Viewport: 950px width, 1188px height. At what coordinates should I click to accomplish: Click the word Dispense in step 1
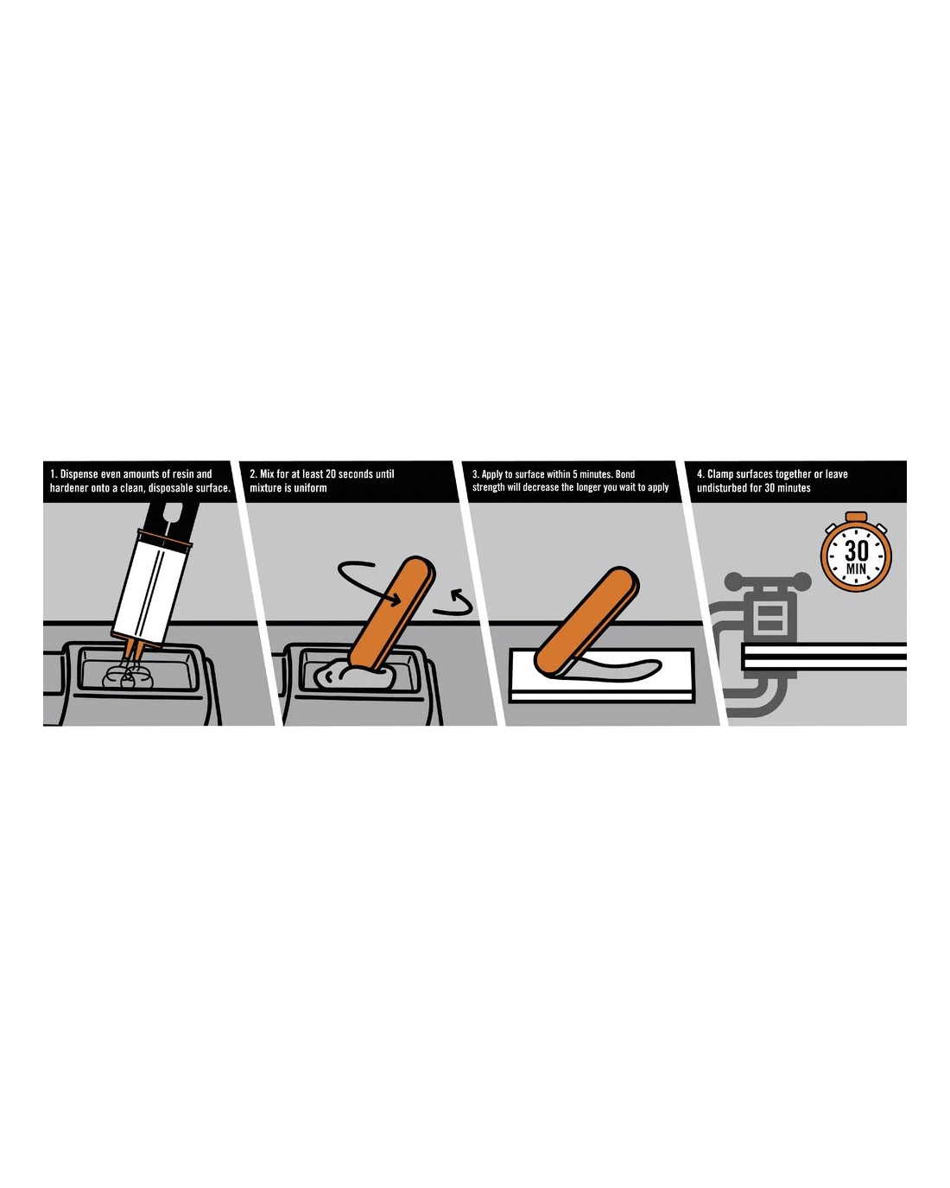click(x=78, y=473)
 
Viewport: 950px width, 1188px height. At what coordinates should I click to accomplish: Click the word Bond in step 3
click(x=625, y=473)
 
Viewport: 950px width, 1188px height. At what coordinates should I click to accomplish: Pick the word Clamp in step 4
click(x=720, y=473)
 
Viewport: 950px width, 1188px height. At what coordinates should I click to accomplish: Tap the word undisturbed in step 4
click(x=719, y=488)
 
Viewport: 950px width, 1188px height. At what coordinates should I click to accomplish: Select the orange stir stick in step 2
click(x=392, y=614)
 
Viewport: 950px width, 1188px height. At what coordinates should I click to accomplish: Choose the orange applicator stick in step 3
click(x=586, y=620)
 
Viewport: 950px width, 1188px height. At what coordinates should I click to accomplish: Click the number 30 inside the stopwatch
click(x=856, y=550)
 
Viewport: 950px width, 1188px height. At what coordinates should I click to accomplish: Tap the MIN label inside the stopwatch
click(x=856, y=568)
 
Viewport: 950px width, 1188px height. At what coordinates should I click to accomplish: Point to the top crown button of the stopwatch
click(x=856, y=517)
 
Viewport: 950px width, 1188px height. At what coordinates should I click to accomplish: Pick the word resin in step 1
click(x=184, y=473)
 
